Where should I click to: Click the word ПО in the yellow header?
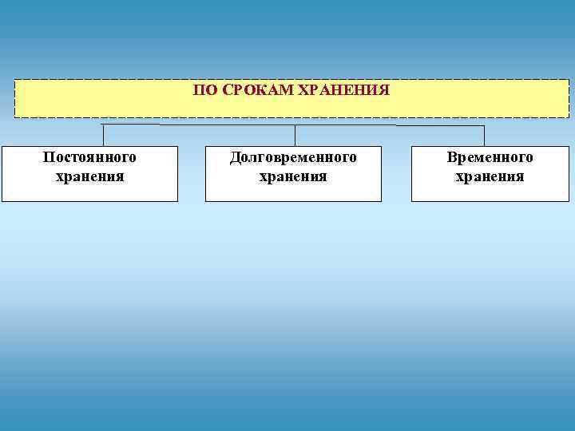204,91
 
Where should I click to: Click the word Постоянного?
89,157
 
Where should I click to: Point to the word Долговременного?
293,157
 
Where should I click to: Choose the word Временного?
490,157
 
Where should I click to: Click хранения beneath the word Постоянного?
89,176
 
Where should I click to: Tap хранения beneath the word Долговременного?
293,176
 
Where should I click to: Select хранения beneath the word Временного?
490,176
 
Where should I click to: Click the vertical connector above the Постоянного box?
103,135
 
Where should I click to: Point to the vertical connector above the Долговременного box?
295,135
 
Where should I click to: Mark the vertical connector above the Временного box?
484,136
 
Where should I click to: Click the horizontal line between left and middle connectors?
199,125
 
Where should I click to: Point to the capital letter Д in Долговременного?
236,158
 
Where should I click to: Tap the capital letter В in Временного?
452,157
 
